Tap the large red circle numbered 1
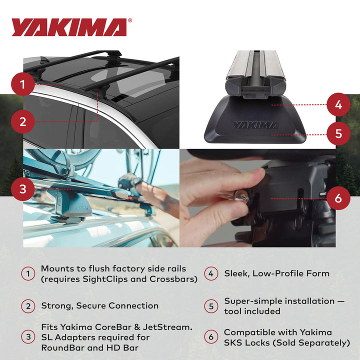tap(23, 84)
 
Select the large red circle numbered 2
tap(23, 121)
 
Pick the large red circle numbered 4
tap(338, 105)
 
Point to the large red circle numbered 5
tap(338, 133)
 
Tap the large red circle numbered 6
tap(338, 198)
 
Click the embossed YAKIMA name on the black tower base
tap(254, 125)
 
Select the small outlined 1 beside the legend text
tap(28, 273)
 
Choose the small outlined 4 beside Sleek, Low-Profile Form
tap(211, 273)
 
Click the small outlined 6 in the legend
tap(211, 337)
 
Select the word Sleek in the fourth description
tap(237, 273)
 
